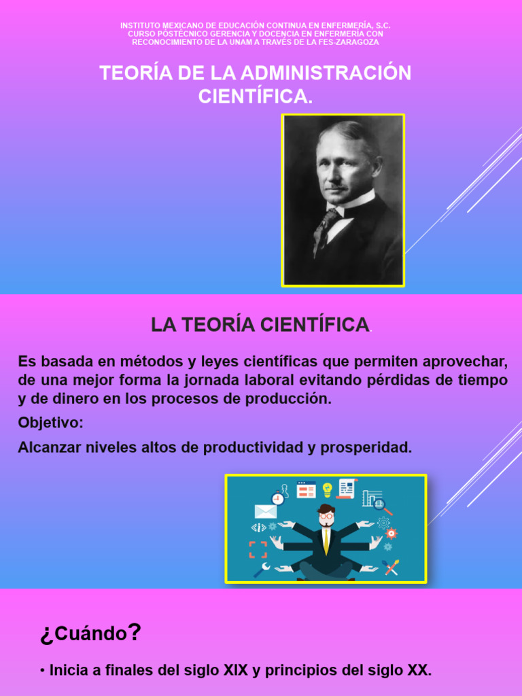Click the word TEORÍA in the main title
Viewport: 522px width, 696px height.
click(x=128, y=73)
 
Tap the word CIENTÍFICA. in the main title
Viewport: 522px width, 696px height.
click(x=256, y=97)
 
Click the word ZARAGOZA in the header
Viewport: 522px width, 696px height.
click(x=356, y=42)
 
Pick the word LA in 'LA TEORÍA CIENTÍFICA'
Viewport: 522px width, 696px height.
click(x=162, y=326)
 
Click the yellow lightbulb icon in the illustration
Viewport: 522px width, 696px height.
click(x=328, y=489)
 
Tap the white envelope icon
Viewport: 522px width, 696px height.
click(x=265, y=511)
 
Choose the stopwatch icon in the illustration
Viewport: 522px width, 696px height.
click(x=277, y=498)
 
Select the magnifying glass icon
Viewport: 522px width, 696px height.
click(x=379, y=504)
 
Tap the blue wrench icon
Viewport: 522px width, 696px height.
click(x=262, y=570)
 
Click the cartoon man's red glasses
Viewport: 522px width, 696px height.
click(x=327, y=516)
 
